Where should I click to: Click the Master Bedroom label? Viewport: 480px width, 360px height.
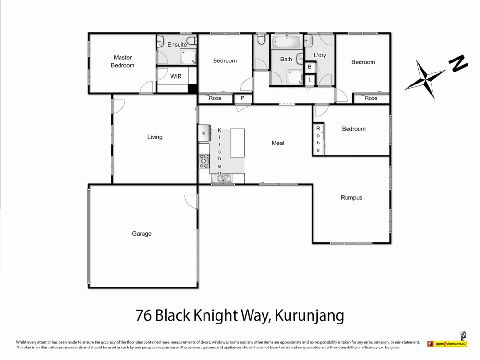coord(122,61)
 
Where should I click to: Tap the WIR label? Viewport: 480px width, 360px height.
coord(176,76)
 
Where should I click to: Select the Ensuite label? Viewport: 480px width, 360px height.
coord(177,45)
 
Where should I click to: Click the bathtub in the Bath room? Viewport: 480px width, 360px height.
coord(286,42)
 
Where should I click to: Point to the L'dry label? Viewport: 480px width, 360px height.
coord(320,55)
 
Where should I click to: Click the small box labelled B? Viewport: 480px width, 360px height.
coord(310,67)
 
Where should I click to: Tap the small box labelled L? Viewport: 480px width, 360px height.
coord(310,80)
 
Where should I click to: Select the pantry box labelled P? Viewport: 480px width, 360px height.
coord(243,98)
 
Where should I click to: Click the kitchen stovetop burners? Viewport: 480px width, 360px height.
coord(204,160)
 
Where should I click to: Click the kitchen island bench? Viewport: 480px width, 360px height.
coord(238,143)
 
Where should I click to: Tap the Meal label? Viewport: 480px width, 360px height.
coord(278,143)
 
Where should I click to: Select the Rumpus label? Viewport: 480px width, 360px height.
coord(351,197)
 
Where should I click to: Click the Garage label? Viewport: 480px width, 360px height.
coord(142,234)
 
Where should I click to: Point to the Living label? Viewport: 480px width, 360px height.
coord(155,137)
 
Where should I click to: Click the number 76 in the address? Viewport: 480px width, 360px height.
coord(143,316)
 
